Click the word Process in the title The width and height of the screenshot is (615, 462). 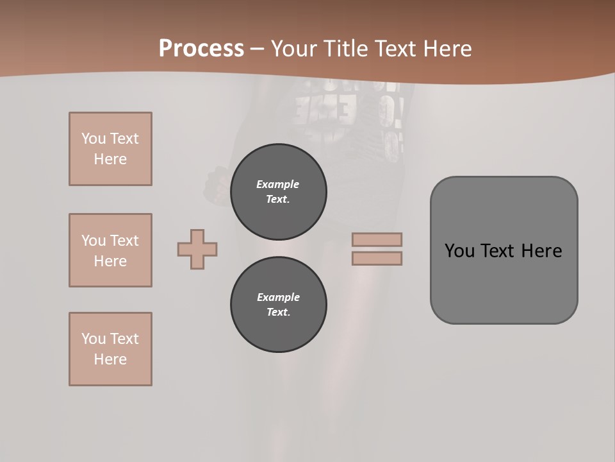[x=201, y=49]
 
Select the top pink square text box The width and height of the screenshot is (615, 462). [x=110, y=149]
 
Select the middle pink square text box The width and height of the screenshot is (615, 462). [x=110, y=250]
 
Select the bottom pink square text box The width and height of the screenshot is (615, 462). [x=110, y=349]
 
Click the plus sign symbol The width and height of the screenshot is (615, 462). [x=197, y=249]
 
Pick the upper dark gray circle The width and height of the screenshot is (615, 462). [x=278, y=191]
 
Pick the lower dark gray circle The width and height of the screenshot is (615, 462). [x=278, y=304]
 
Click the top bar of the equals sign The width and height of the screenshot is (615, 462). [x=377, y=239]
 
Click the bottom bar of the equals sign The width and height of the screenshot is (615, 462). [x=377, y=258]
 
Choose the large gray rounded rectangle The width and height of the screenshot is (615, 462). [x=504, y=282]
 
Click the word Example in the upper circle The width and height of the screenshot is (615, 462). [x=277, y=184]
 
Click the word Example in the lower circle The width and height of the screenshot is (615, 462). [x=278, y=297]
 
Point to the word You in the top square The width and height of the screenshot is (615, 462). [x=94, y=139]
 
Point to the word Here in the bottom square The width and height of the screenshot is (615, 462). [x=110, y=359]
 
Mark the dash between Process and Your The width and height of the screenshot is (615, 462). [x=258, y=49]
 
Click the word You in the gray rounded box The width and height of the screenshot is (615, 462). [x=459, y=251]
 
